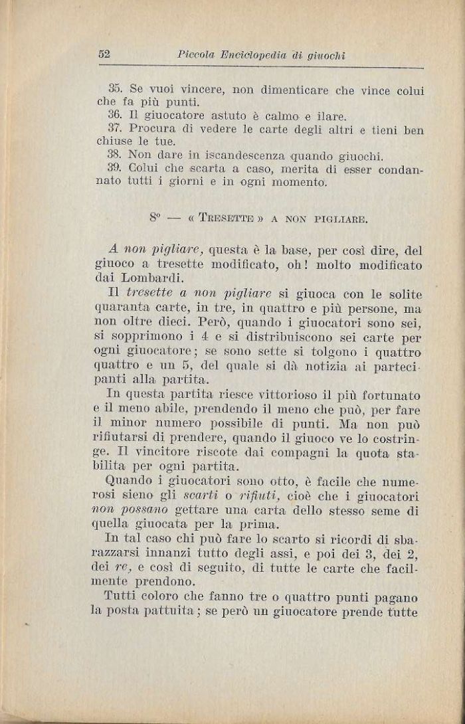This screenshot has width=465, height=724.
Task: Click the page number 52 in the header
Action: click(103, 54)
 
